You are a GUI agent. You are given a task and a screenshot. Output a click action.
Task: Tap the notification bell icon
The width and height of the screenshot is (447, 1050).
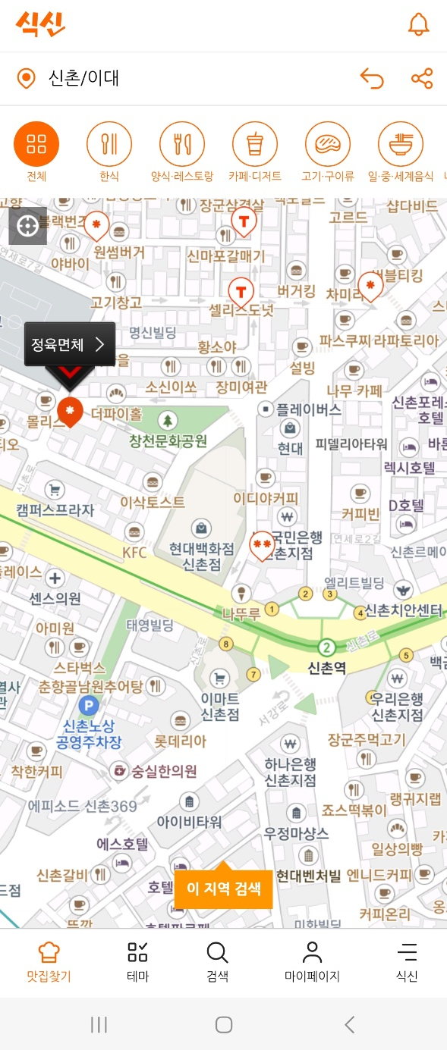click(x=418, y=24)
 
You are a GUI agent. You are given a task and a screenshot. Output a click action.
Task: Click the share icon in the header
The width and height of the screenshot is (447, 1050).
click(x=422, y=78)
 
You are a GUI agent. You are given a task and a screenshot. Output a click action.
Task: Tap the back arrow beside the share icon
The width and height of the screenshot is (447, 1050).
click(x=371, y=78)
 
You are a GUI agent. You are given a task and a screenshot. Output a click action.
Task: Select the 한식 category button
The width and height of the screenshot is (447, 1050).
click(x=109, y=144)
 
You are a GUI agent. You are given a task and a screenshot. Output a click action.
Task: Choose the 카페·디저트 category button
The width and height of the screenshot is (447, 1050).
click(x=255, y=144)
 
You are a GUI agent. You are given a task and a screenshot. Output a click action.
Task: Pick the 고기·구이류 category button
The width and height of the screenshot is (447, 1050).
click(x=328, y=144)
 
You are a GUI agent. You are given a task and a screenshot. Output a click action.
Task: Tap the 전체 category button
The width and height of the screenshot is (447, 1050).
click(x=36, y=144)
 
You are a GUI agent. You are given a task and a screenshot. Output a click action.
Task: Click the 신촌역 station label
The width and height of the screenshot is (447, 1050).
click(x=327, y=668)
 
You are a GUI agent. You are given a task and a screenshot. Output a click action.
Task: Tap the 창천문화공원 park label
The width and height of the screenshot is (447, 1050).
click(x=168, y=440)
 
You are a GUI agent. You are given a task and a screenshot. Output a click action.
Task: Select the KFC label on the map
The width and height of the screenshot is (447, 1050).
click(x=135, y=552)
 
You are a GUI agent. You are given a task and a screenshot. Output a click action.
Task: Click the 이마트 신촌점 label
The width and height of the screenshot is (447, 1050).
click(x=220, y=707)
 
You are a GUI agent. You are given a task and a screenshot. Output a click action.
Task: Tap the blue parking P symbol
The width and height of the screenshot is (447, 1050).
click(x=89, y=707)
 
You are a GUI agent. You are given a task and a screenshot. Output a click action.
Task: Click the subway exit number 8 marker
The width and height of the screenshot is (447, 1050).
click(x=225, y=644)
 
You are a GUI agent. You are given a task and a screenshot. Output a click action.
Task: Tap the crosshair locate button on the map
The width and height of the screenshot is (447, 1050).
click(x=27, y=225)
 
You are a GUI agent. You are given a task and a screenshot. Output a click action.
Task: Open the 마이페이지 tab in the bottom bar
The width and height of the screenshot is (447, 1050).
click(x=312, y=961)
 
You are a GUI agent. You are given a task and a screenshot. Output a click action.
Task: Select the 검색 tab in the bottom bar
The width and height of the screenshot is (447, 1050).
click(x=217, y=961)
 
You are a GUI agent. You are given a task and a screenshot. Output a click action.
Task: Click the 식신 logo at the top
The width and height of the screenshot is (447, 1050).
click(x=39, y=24)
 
